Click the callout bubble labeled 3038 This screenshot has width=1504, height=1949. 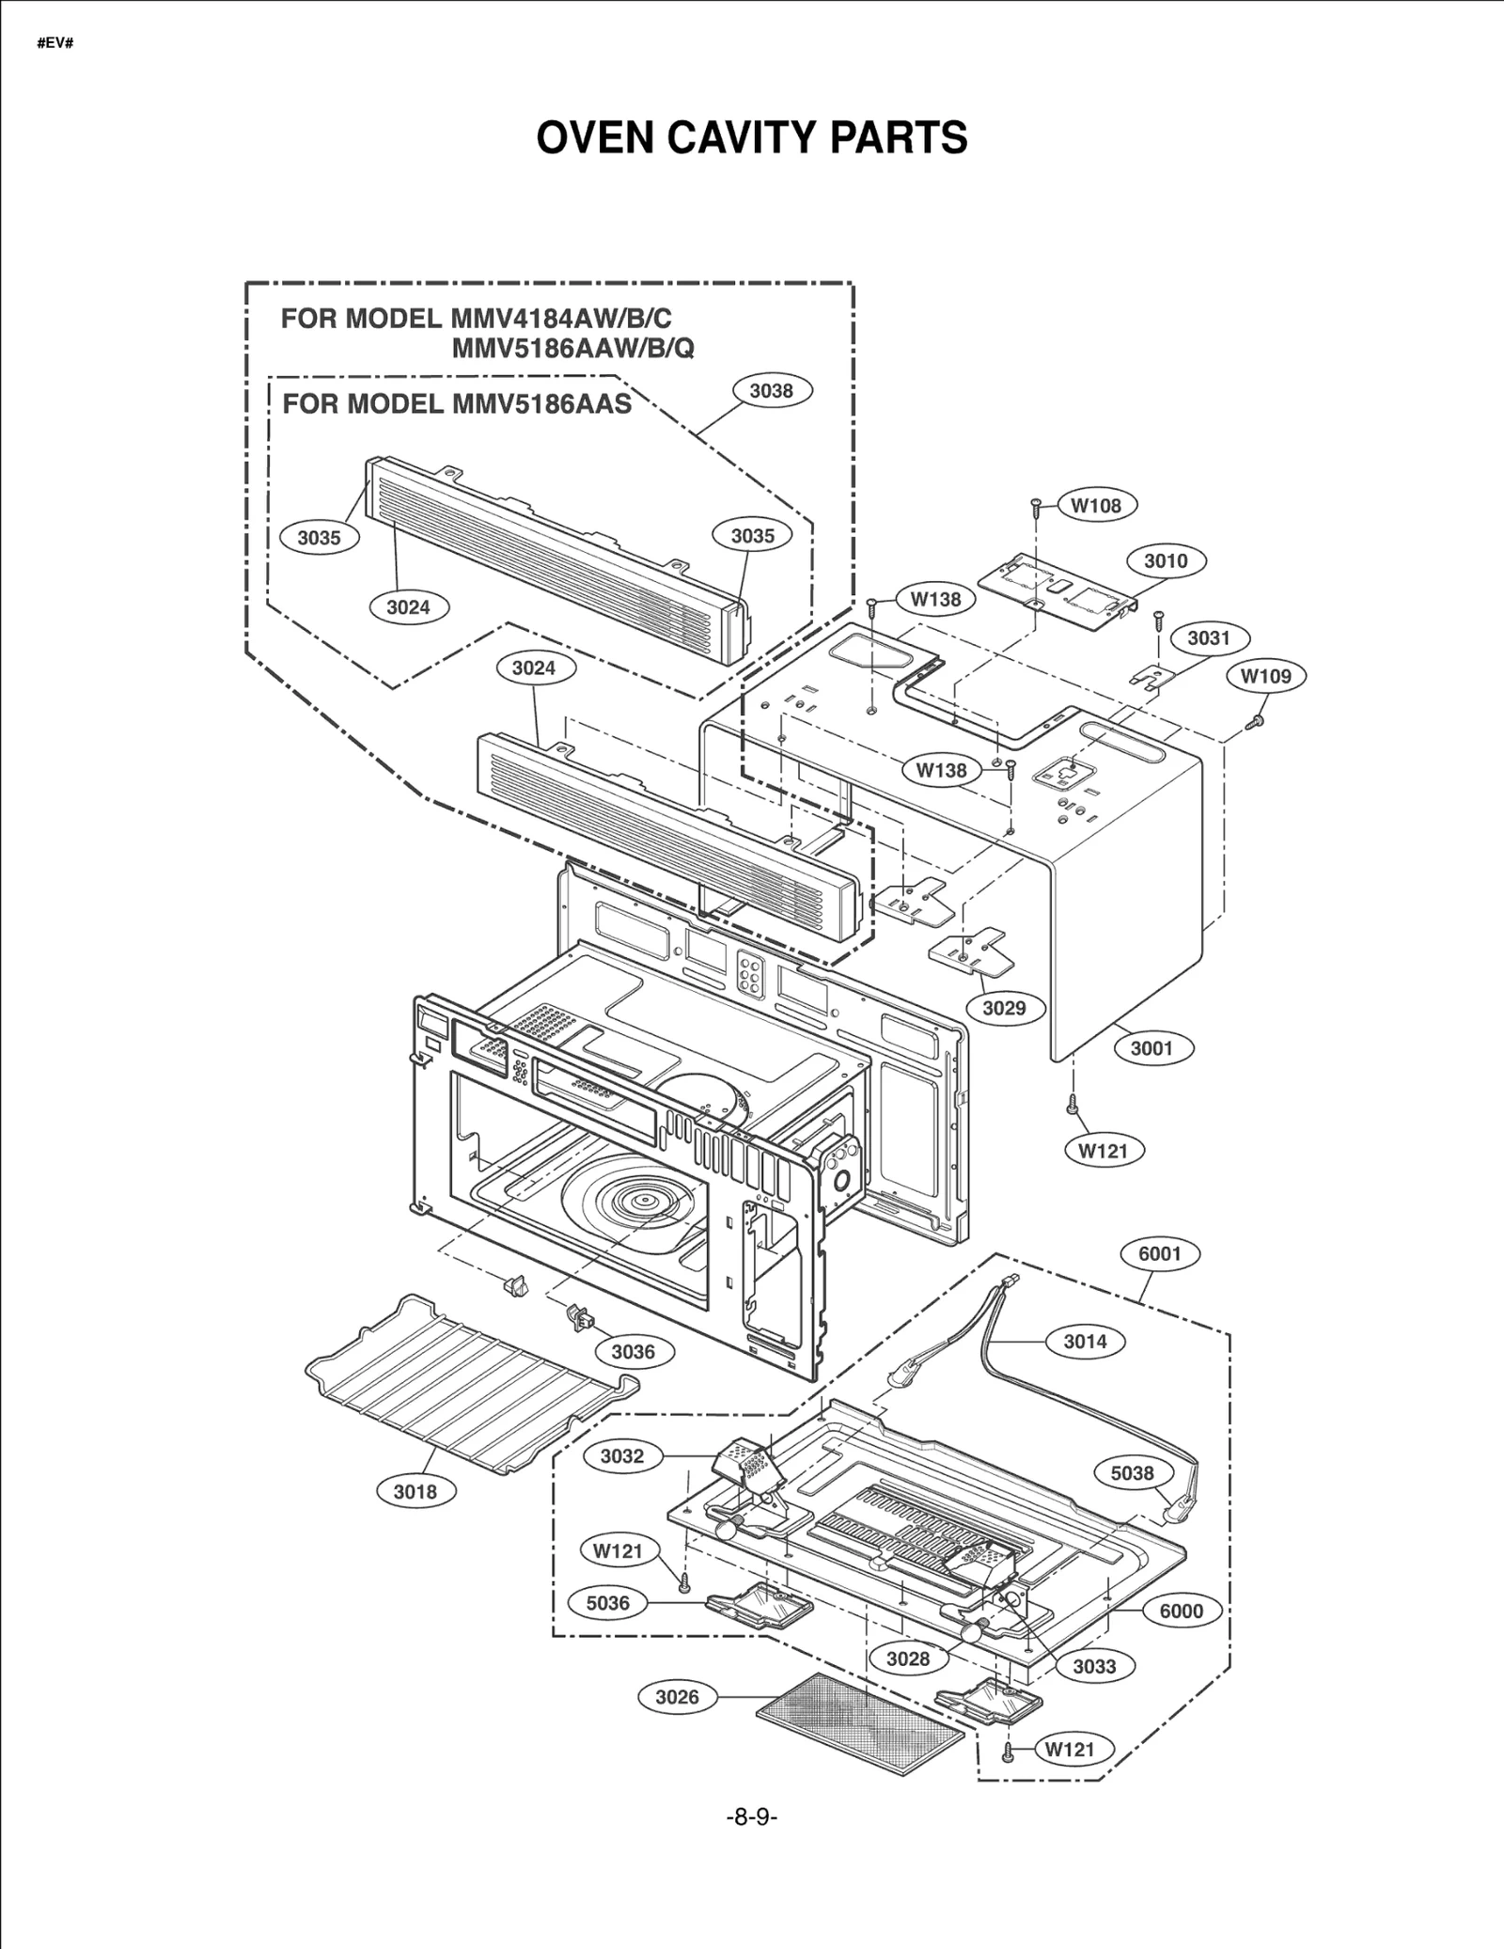771,390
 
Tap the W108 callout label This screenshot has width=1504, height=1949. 1097,505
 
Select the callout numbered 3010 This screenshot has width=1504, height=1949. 1166,560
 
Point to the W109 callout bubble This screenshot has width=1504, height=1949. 1266,675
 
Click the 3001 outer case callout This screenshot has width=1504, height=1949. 1151,1047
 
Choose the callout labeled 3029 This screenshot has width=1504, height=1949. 1004,1008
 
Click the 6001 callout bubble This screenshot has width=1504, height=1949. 1159,1253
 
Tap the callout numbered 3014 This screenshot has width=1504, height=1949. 1085,1342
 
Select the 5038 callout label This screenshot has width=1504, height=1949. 1132,1473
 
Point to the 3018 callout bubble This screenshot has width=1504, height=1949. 415,1491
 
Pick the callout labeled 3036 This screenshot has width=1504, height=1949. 633,1352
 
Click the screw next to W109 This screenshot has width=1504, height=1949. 1254,721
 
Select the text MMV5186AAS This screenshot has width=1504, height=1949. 541,403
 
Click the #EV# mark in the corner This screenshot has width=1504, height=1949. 55,44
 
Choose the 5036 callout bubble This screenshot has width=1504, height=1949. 607,1603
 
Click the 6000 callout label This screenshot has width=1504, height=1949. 1181,1611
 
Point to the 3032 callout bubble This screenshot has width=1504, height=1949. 622,1456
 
